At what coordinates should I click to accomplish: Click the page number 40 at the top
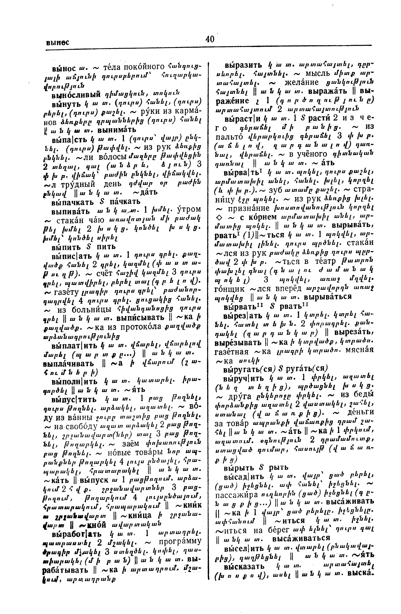point(210,39)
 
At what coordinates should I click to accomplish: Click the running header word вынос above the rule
point(58,42)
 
